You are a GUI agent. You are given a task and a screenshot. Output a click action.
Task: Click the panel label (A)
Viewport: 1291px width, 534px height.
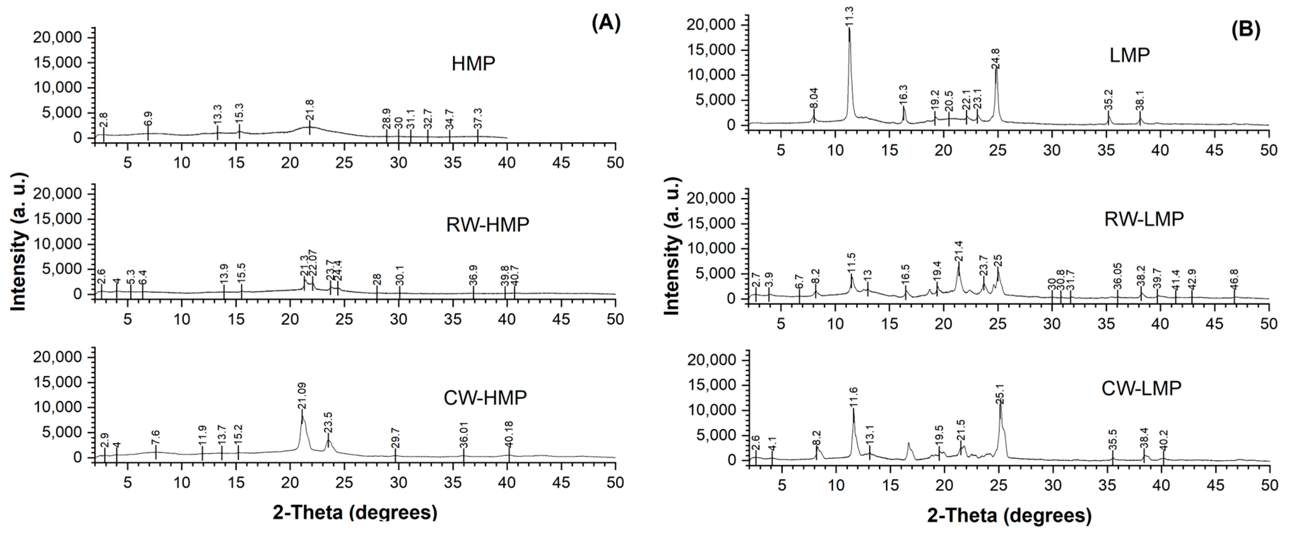click(606, 24)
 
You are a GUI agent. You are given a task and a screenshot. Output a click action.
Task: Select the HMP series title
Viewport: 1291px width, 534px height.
click(473, 64)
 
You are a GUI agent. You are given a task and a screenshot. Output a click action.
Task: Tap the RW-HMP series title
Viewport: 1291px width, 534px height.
click(487, 225)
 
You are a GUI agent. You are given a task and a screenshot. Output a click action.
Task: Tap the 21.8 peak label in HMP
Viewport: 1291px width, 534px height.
click(310, 109)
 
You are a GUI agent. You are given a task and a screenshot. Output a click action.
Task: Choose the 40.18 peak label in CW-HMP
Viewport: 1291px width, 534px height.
click(509, 433)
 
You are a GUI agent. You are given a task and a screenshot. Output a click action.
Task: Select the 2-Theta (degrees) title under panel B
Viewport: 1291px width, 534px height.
click(1009, 515)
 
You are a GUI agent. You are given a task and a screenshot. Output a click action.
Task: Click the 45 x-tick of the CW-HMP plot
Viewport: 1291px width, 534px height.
click(561, 483)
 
